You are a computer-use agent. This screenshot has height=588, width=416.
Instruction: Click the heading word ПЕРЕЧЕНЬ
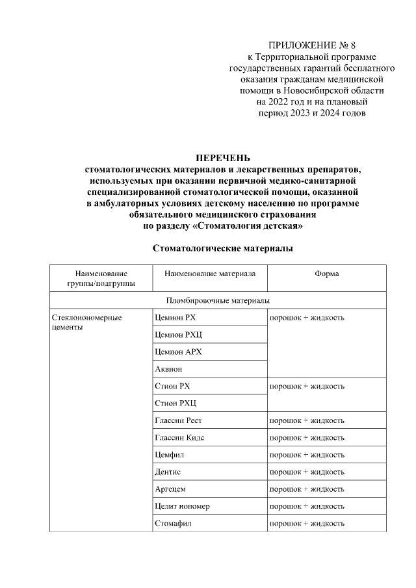(x=223, y=158)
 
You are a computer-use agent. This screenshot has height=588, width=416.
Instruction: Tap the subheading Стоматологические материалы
(x=222, y=248)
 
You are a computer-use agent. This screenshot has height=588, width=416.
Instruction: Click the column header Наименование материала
(x=210, y=274)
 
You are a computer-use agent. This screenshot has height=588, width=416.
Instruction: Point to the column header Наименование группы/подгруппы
(x=101, y=279)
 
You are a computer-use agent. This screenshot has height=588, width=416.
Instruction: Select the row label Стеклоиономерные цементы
(x=86, y=323)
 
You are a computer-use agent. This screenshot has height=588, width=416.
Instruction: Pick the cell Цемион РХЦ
(x=177, y=335)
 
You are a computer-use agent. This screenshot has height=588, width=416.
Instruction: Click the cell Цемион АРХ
(x=179, y=352)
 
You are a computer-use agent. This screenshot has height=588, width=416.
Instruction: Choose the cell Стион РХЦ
(x=174, y=403)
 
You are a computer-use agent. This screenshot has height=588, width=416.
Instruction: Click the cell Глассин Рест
(x=179, y=420)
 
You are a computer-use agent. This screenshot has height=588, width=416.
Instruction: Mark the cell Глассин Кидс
(x=179, y=437)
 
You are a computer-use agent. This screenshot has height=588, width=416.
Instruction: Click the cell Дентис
(x=168, y=471)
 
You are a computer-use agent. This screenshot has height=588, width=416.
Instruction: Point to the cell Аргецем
(x=170, y=489)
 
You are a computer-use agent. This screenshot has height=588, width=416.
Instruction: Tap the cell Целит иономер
(x=182, y=505)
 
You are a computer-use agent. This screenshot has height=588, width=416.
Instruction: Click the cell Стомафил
(x=173, y=522)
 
